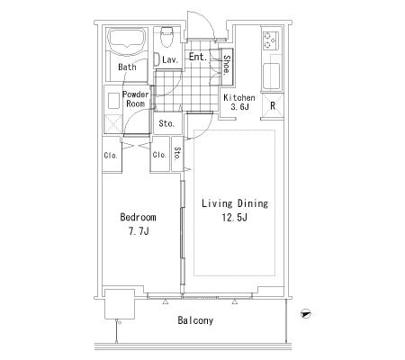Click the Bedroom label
pyautogui.click(x=138, y=217)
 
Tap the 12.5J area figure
pyautogui.click(x=235, y=218)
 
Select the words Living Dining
pyautogui.click(x=235, y=203)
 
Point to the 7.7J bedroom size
pyautogui.click(x=139, y=231)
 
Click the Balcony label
pyautogui.click(x=195, y=320)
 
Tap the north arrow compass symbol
pyautogui.click(x=305, y=314)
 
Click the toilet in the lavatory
pyautogui.click(x=166, y=37)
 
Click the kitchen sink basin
pyautogui.click(x=272, y=76)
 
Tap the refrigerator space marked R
pyautogui.click(x=273, y=106)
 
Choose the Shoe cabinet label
pyautogui.click(x=227, y=65)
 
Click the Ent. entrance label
pyautogui.click(x=198, y=57)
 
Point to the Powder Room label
pyautogui.click(x=136, y=99)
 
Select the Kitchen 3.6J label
pyautogui.click(x=239, y=102)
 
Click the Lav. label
pyautogui.click(x=170, y=59)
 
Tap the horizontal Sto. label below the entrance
pyautogui.click(x=166, y=123)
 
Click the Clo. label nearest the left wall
pyautogui.click(x=111, y=156)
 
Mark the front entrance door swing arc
pyautogui.click(x=207, y=21)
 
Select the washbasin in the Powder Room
pyautogui.click(x=113, y=101)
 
